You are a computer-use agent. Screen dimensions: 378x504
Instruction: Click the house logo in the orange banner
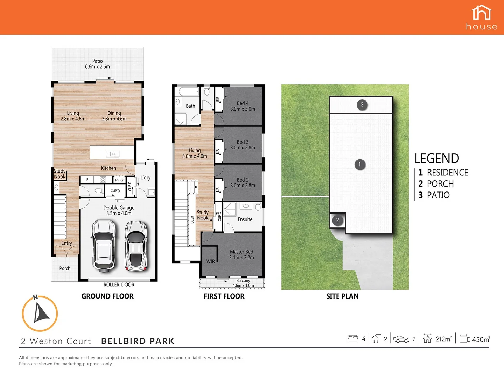(x=482, y=17)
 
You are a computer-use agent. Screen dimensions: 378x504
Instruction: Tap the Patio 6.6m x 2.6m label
(x=97, y=64)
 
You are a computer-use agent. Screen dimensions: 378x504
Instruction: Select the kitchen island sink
(x=112, y=154)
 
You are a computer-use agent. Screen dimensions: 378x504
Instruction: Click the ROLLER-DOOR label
(x=119, y=285)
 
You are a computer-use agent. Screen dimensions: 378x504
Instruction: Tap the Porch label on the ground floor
(x=65, y=268)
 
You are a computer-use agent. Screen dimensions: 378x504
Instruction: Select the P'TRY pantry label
(x=119, y=180)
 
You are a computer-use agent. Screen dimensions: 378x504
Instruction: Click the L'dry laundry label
(x=145, y=177)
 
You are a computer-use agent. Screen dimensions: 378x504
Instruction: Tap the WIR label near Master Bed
(x=210, y=261)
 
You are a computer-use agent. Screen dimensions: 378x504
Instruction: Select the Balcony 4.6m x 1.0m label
(x=243, y=283)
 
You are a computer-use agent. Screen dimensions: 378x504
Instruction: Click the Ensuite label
(x=245, y=219)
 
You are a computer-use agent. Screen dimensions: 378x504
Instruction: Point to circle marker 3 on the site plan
(x=362, y=104)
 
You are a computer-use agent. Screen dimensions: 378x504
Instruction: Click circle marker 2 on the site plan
(x=337, y=220)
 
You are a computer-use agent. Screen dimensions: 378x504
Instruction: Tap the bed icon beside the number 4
(x=353, y=338)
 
